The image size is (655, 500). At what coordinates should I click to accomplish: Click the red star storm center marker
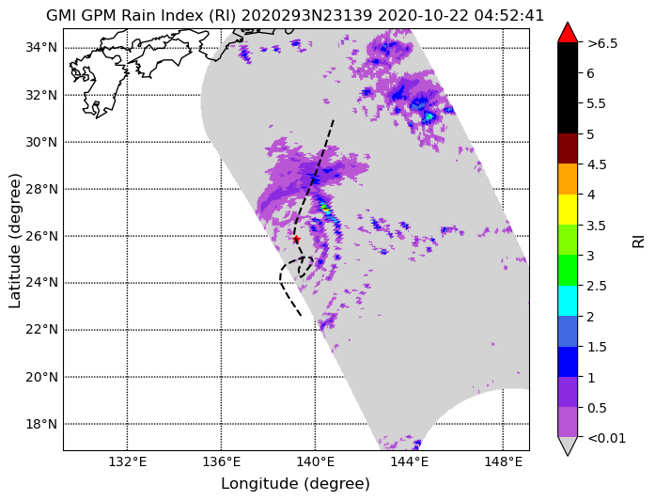[x=296, y=240]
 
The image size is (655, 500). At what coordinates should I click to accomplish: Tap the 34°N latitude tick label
[x=41, y=48]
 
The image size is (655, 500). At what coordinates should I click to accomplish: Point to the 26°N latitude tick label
[x=41, y=237]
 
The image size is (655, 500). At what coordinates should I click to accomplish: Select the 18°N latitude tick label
[x=41, y=425]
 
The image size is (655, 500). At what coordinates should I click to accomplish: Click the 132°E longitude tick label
[x=128, y=462]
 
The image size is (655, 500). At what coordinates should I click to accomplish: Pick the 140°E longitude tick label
[x=315, y=462]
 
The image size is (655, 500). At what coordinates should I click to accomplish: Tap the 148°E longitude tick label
[x=503, y=462]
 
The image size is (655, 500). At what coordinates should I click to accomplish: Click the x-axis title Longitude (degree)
[x=296, y=484]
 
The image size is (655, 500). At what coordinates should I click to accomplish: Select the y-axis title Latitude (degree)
[x=15, y=241]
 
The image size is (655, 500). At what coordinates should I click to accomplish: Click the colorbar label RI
[x=638, y=241]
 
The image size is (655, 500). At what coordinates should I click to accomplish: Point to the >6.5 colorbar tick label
[x=602, y=43]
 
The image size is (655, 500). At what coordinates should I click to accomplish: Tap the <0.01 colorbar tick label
[x=606, y=438]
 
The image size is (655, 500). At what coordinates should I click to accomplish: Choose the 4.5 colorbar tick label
[x=597, y=164]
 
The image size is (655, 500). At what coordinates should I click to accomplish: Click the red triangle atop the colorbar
[x=568, y=33]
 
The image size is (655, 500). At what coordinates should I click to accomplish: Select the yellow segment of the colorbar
[x=568, y=210]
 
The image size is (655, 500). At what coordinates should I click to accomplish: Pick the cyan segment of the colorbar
[x=568, y=301]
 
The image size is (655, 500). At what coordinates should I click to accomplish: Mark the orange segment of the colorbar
[x=568, y=180]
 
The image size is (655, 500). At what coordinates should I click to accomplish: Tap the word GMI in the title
[x=61, y=15]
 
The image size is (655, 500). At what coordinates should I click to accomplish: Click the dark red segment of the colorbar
[x=568, y=148]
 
